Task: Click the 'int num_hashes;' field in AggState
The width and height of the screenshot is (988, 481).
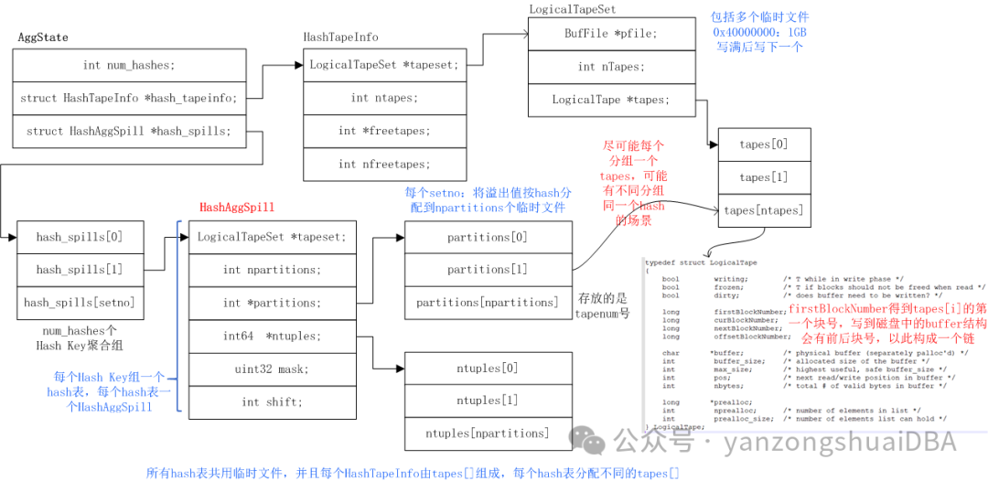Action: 129,65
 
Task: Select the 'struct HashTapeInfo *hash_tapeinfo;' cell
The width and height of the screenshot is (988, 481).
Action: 129,98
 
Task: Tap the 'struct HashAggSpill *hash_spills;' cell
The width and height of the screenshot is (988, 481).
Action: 129,131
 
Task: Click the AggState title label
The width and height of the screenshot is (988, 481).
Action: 43,37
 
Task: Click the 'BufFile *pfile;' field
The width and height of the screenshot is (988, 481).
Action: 610,34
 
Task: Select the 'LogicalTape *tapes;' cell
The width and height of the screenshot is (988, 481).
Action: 610,100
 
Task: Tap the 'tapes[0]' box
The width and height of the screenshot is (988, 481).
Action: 763,144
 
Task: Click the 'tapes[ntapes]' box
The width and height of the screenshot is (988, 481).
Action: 763,210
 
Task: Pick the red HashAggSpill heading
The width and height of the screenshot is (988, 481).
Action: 237,208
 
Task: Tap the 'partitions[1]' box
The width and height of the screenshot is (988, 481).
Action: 488,270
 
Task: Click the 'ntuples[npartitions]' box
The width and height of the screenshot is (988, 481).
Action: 488,433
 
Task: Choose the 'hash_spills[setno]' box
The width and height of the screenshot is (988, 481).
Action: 80,303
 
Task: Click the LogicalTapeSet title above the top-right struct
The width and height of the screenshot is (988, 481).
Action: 572,9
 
